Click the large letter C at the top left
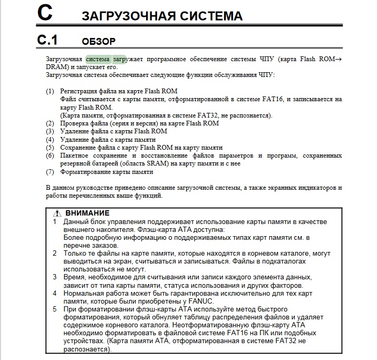click(x=45, y=13)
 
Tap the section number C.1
click(x=47, y=40)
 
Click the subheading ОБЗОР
click(x=99, y=41)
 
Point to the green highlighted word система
click(x=98, y=60)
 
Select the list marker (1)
click(x=50, y=91)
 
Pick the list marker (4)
click(x=50, y=140)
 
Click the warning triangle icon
click(x=58, y=213)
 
